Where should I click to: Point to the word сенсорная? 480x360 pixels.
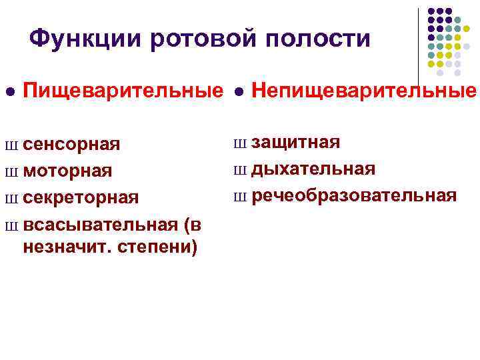click(71, 145)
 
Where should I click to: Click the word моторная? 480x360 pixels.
click(67, 171)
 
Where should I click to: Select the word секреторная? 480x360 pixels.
click(81, 198)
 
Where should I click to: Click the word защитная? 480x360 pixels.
click(296, 141)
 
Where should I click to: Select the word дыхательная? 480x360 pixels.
click(313, 168)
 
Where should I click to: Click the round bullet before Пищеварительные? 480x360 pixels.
click(8, 91)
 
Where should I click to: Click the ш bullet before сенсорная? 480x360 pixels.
click(10, 145)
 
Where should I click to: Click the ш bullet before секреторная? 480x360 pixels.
click(10, 199)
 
